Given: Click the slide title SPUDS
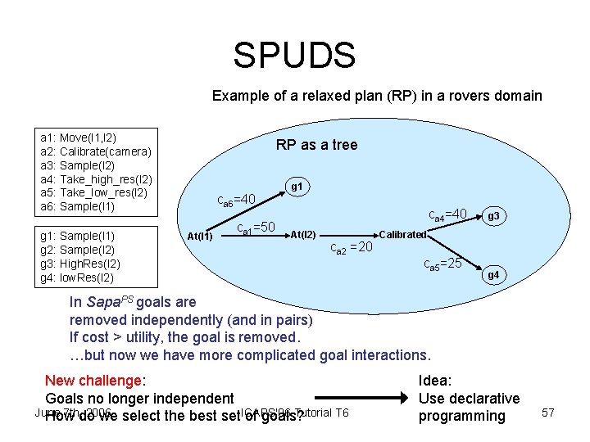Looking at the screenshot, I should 294,56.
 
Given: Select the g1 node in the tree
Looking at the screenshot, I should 297,187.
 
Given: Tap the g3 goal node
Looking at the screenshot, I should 493,217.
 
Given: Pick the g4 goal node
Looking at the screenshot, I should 493,276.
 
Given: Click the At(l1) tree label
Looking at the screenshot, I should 200,237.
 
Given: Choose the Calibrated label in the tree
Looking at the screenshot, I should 402,235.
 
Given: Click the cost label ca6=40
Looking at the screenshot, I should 236,199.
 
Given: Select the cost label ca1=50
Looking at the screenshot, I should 255,228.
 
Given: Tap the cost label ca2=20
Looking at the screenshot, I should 352,248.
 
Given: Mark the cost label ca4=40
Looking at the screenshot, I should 448,215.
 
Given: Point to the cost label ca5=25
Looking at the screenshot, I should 442,264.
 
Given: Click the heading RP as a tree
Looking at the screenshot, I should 316,145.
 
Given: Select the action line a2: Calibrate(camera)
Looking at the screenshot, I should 96,151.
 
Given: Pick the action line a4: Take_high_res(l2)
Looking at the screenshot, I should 96,178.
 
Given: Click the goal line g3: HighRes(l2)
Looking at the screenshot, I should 80,264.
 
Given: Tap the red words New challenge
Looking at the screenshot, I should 93,380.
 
